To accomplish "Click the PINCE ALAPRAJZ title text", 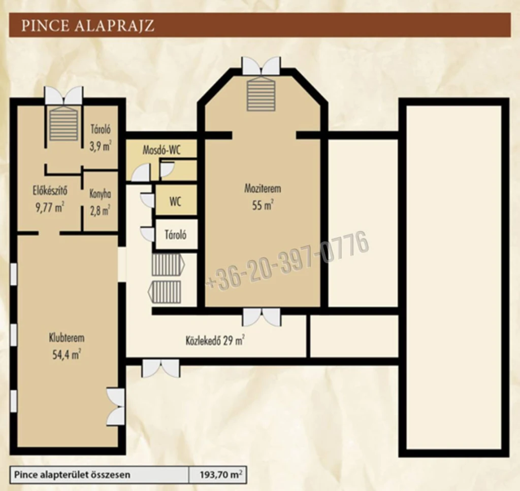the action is click(87, 25).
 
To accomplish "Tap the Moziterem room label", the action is click(263, 189).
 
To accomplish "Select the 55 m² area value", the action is click(263, 205).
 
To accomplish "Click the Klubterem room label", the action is click(67, 338).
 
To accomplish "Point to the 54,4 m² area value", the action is click(67, 355).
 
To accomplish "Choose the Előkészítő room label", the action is click(50, 191).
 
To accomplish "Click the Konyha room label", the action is click(100, 194).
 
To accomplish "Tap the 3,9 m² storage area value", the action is click(100, 146).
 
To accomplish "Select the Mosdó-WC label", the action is click(161, 150).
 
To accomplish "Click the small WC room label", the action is click(175, 201).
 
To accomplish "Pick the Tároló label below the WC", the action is click(175, 234).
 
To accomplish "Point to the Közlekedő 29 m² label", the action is click(215, 340).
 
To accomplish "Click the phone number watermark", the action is click(287, 261).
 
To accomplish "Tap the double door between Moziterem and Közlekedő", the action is click(262, 317).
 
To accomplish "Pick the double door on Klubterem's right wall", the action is click(116, 407).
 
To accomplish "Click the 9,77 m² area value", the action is click(50, 207).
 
